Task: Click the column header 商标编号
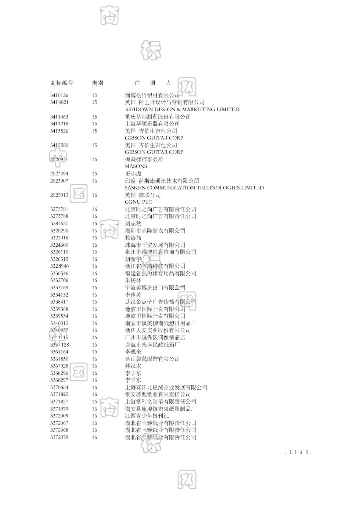[62, 83]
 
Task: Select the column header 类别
[97, 83]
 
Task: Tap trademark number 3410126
[59, 95]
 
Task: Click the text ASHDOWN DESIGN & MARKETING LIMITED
[182, 109]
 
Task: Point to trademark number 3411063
[59, 117]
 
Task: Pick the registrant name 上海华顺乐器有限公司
[152, 124]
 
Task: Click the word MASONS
[136, 166]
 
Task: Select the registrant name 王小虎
[133, 174]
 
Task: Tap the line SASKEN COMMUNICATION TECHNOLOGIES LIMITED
[194, 188]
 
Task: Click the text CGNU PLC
[138, 202]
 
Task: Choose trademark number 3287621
[59, 224]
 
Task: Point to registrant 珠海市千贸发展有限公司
[155, 245]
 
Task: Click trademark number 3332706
[59, 280]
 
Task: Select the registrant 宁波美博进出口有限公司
[155, 287]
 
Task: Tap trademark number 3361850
[59, 359]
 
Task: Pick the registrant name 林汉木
[133, 366]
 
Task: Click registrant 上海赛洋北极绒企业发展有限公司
[166, 387]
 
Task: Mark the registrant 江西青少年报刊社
[147, 416]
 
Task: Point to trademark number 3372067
[59, 423]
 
